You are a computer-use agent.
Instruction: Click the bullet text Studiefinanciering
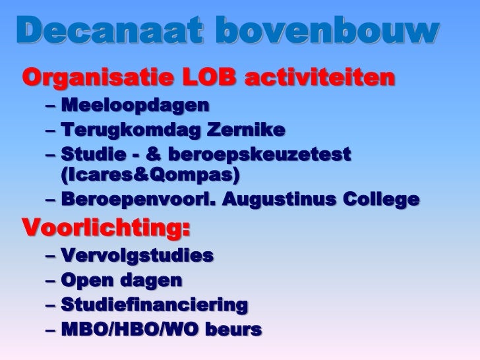coord(154,305)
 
